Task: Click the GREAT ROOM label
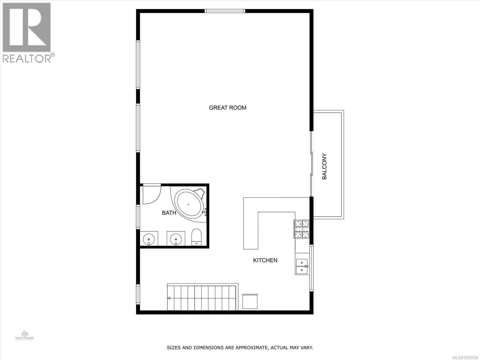227,108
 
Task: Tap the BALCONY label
324,166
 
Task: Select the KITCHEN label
265,260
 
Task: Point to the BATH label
169,213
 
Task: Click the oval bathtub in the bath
188,204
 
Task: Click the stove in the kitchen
301,229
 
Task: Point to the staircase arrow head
169,298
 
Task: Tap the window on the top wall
225,11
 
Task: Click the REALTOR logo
28,32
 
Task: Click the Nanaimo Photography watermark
25,335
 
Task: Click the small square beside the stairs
250,301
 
